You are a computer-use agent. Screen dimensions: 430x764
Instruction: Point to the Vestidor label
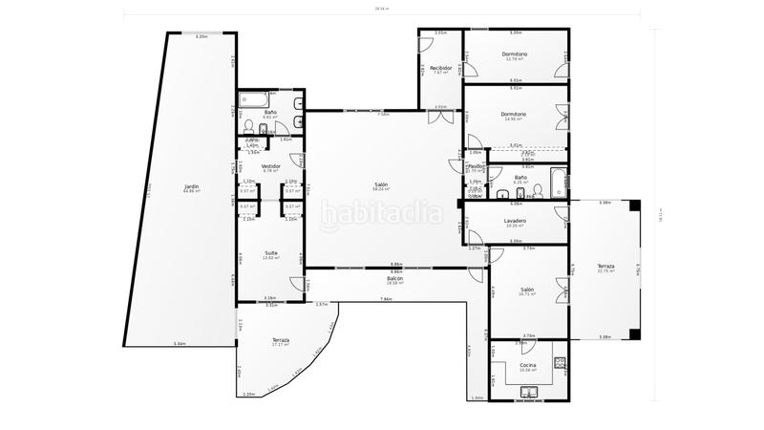click(x=270, y=165)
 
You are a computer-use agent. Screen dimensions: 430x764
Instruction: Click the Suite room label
click(x=270, y=253)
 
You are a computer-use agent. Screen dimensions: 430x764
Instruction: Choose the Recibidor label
click(x=440, y=68)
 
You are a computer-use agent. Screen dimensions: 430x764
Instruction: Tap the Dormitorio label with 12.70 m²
click(x=515, y=54)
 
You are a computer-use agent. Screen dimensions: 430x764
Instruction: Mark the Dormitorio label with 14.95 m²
click(x=515, y=115)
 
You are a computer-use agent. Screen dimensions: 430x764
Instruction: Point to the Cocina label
click(x=527, y=364)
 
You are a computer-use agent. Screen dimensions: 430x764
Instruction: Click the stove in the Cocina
click(x=560, y=363)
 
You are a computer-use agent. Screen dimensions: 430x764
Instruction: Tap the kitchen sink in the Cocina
click(x=529, y=391)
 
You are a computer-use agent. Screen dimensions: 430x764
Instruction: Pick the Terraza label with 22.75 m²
click(x=606, y=266)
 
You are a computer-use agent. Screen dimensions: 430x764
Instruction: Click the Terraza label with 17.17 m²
click(x=280, y=340)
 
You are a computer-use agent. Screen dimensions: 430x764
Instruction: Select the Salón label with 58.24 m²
click(x=381, y=184)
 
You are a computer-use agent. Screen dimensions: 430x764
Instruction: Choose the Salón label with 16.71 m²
click(x=527, y=290)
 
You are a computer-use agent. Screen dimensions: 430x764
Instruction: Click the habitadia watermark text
click(x=380, y=212)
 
